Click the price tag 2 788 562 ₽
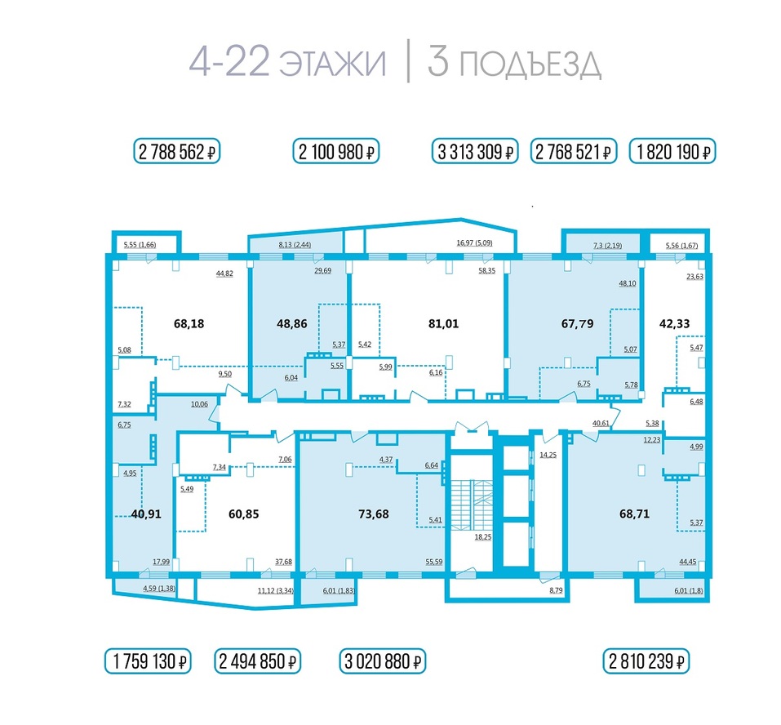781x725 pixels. click(x=178, y=152)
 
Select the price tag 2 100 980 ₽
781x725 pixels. click(x=336, y=152)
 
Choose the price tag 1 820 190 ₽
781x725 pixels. click(x=672, y=152)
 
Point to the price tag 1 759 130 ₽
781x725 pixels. click(x=148, y=661)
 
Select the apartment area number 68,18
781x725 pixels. click(x=189, y=323)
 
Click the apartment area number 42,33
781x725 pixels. click(x=675, y=323)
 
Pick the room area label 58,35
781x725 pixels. click(x=489, y=273)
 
